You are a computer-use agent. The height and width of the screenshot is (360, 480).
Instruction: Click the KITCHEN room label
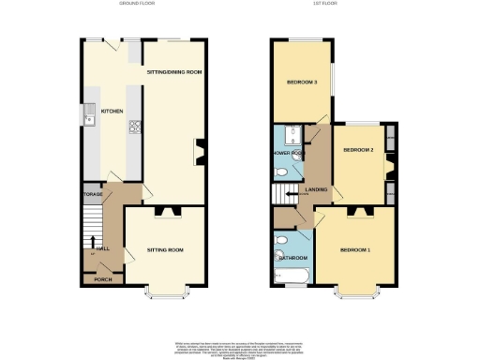click(112, 110)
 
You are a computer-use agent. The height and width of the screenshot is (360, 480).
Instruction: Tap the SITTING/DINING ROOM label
click(174, 72)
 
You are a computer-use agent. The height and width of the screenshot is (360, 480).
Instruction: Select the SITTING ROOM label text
click(163, 250)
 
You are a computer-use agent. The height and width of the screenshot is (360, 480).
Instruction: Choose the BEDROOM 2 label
click(358, 150)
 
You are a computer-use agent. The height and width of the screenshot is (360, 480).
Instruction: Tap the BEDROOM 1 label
click(355, 250)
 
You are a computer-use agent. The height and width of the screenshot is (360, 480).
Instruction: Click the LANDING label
click(317, 190)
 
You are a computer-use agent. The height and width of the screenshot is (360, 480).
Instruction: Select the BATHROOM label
click(293, 257)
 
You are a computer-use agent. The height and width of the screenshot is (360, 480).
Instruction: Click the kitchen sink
click(86, 116)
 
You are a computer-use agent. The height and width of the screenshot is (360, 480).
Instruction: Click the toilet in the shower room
click(283, 172)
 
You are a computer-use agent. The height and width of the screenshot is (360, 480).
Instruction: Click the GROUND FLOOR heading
click(138, 5)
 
